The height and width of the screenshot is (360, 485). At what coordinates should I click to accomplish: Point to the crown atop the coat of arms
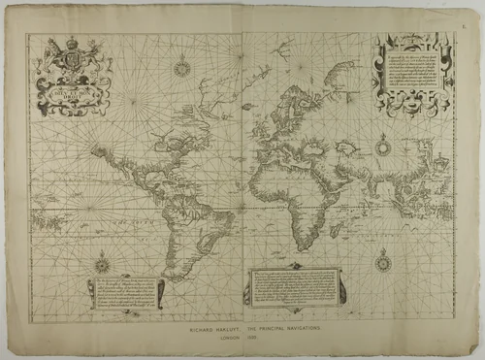71,42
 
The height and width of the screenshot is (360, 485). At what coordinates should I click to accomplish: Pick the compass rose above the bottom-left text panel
102,263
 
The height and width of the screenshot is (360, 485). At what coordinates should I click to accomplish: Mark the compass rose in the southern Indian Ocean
383,259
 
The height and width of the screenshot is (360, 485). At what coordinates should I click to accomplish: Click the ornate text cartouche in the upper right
412,76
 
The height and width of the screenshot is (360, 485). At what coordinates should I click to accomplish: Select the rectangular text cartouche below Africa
295,287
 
